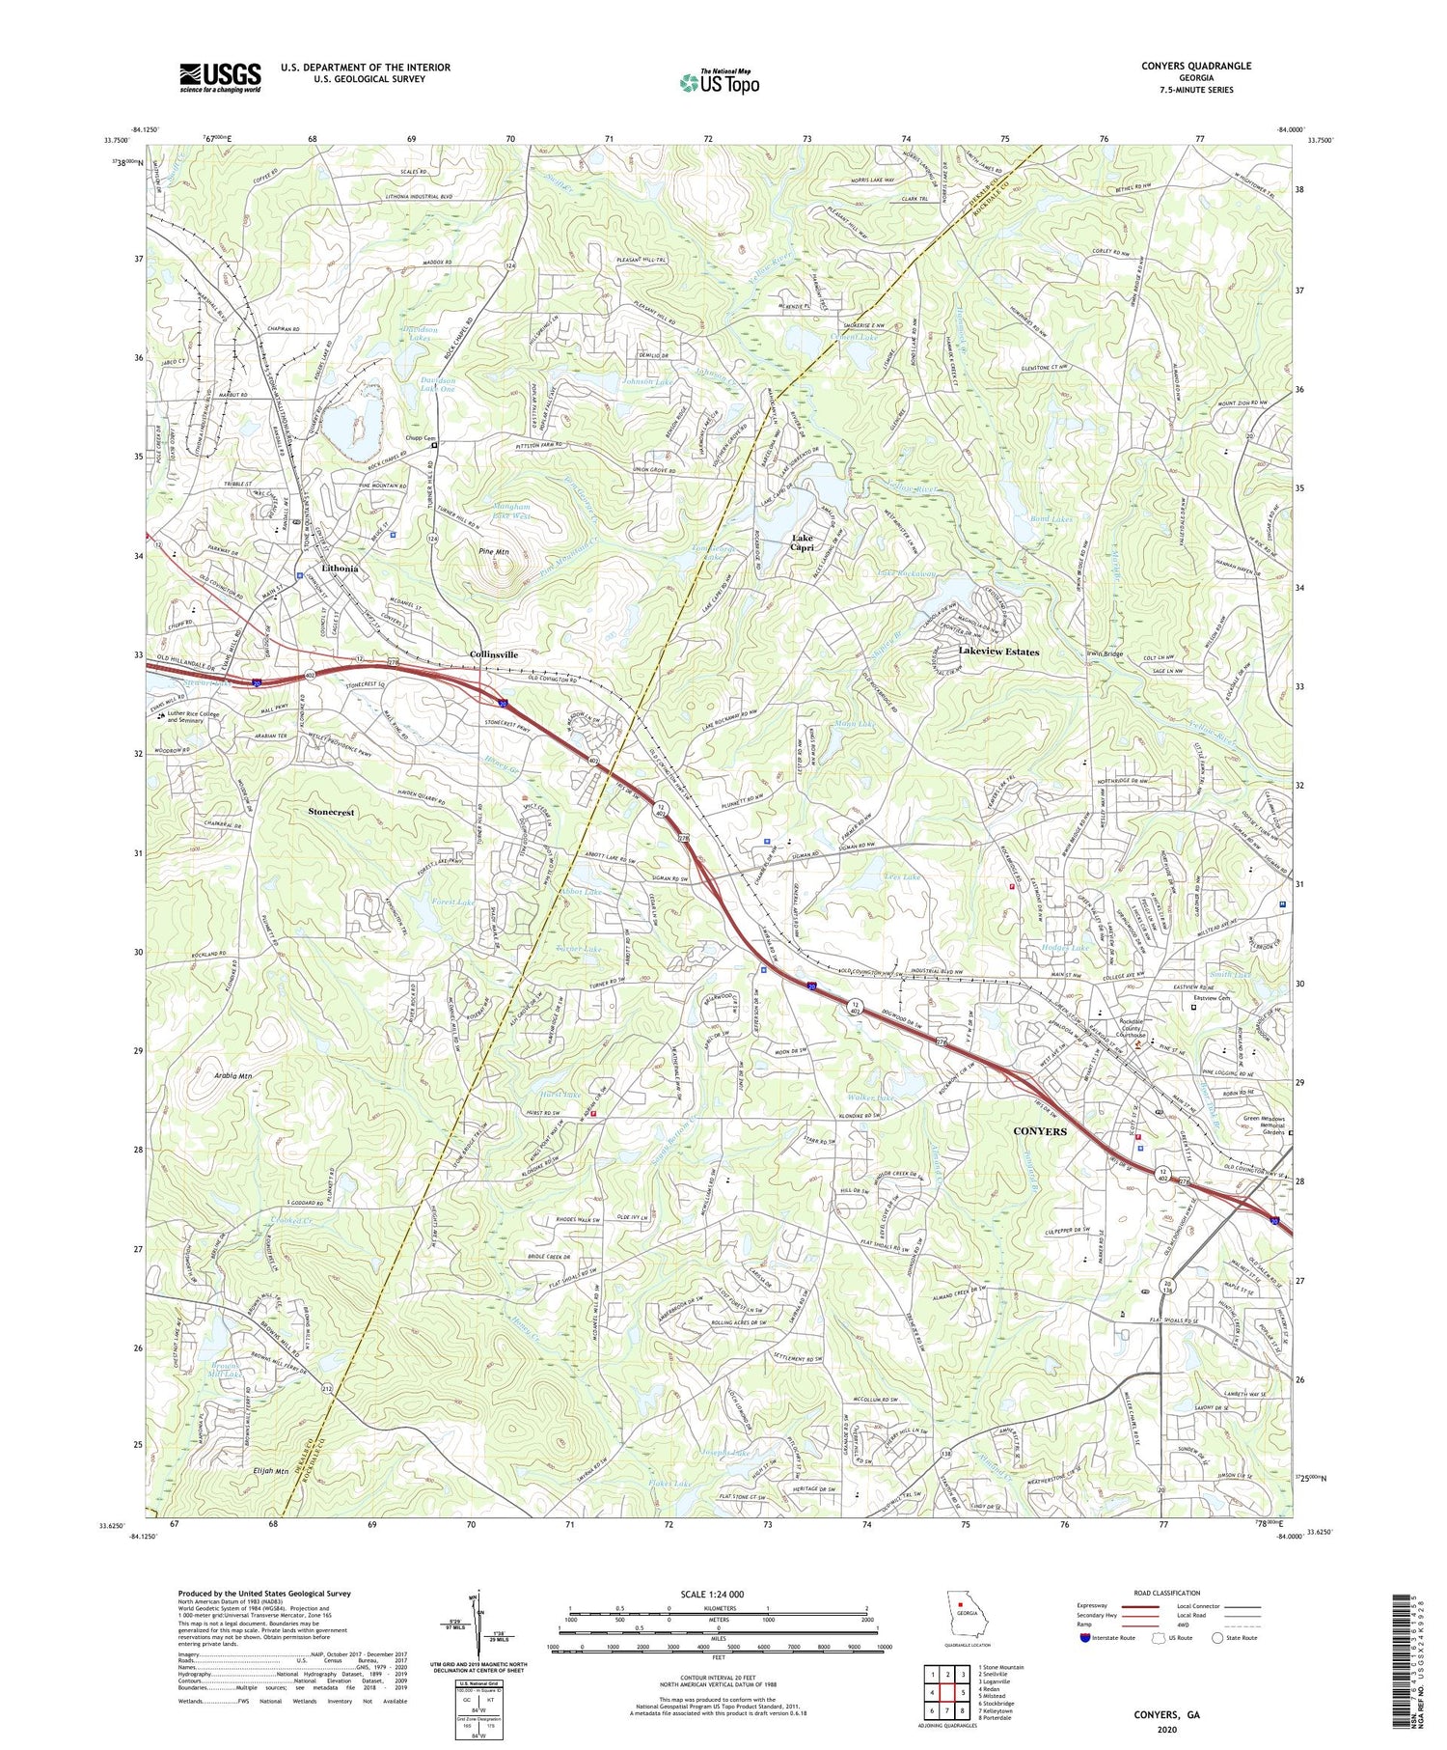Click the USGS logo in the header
pos(220,77)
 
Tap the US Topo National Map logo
pos(719,82)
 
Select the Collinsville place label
pos(494,654)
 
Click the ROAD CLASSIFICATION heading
pos(1167,1593)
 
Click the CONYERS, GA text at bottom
pos(1166,1714)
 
